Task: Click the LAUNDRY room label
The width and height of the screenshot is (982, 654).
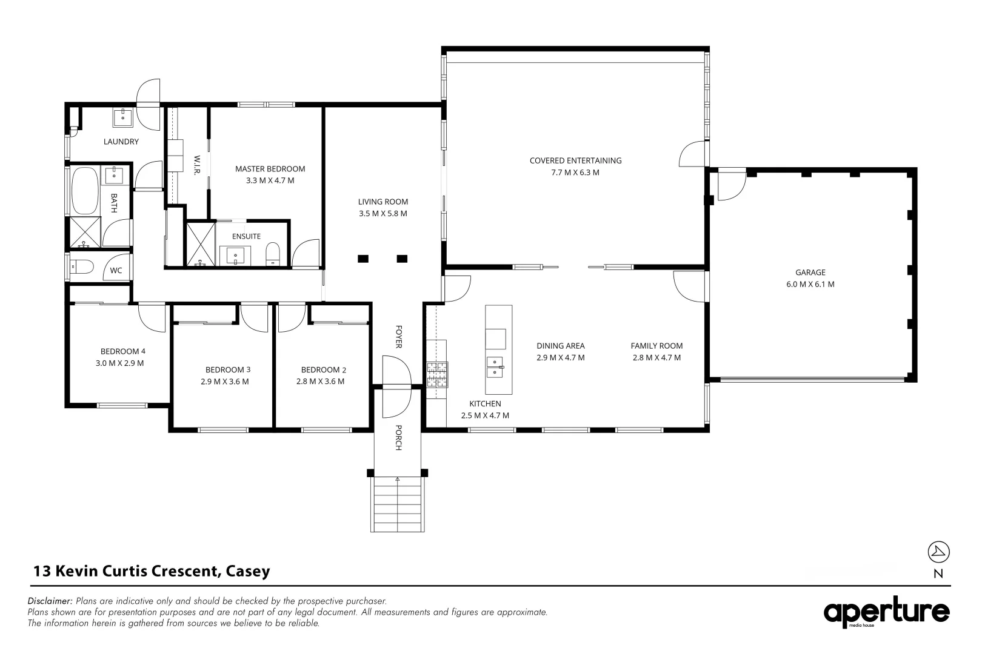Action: [x=121, y=142]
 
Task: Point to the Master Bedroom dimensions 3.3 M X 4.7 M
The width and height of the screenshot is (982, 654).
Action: [x=270, y=180]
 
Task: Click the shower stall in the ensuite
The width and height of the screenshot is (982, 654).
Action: [x=201, y=245]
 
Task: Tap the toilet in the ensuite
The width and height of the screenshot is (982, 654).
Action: [x=273, y=254]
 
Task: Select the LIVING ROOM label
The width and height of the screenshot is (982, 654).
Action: [x=382, y=202]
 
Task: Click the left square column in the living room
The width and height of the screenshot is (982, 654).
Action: [x=362, y=259]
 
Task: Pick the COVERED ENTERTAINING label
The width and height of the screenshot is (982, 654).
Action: [x=575, y=160]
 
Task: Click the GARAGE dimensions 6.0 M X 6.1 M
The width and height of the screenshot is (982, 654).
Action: [x=810, y=284]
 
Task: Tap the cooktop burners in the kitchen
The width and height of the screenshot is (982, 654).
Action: [x=436, y=374]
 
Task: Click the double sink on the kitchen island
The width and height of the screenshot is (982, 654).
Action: [x=495, y=367]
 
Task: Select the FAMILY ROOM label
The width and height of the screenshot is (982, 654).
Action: [x=656, y=346]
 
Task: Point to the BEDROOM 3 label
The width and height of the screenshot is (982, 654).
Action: [x=227, y=369]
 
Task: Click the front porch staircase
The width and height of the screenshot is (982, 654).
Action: [x=398, y=504]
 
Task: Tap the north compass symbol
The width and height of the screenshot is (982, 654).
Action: [x=938, y=552]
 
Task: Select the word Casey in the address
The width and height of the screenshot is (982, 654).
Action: [x=247, y=571]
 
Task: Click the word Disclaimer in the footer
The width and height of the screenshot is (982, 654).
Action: [x=50, y=601]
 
